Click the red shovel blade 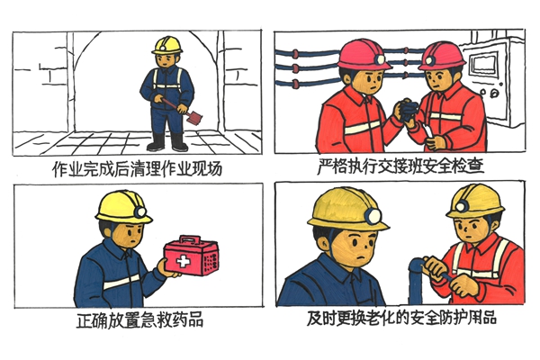193,118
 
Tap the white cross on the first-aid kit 184,262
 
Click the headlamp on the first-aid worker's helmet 140,211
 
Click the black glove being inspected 409,110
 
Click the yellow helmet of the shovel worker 167,46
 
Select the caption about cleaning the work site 138,168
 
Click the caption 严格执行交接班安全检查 400,166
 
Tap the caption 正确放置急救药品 139,319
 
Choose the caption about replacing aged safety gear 401,318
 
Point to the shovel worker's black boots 167,142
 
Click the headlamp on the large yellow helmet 373,217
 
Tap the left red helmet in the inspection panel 364,54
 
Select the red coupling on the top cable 295,54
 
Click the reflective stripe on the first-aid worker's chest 121,282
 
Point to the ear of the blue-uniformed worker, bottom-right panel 324,242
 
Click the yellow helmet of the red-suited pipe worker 475,202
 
